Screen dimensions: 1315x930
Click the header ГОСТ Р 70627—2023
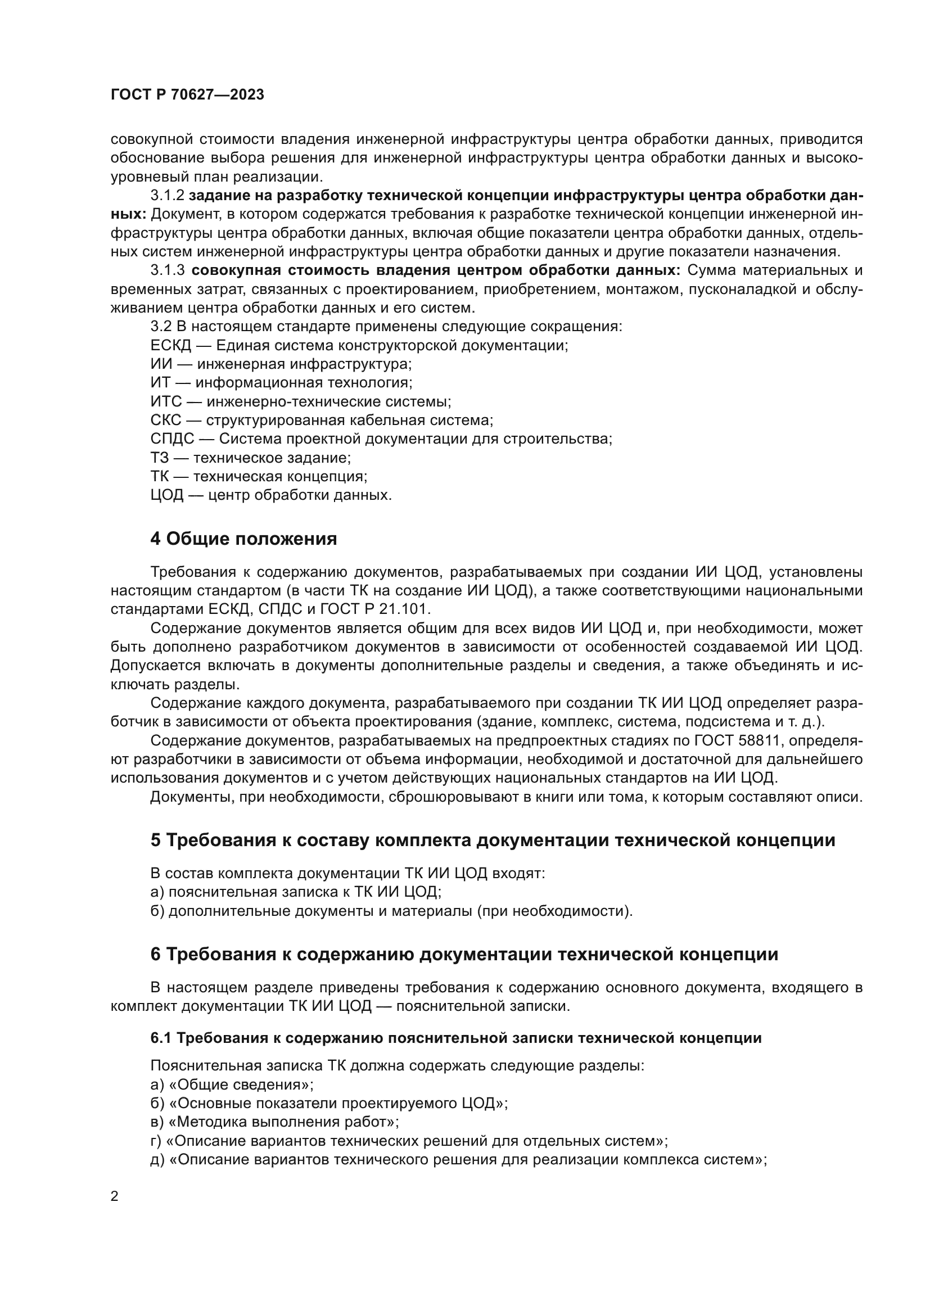(187, 95)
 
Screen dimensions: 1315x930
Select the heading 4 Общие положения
(243, 539)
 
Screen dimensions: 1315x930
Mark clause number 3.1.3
(167, 270)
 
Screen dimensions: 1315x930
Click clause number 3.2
(161, 327)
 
